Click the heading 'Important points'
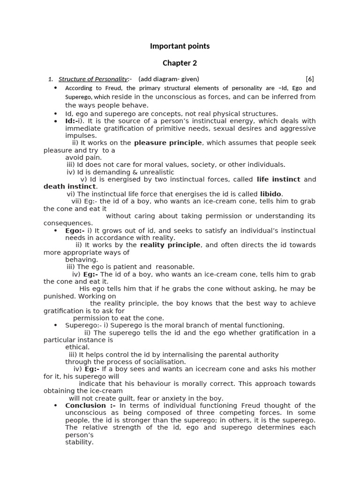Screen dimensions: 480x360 coord(180,46)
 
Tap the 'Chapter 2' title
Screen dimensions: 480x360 coord(180,63)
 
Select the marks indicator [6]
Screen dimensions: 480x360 coord(309,79)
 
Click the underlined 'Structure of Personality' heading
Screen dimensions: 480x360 coord(93,79)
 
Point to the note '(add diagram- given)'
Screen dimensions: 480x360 coord(169,79)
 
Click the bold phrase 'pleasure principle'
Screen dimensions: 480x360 coord(168,142)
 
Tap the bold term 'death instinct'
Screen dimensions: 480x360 coord(69,187)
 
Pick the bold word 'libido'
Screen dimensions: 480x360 coord(270,194)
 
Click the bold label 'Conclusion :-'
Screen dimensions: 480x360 coord(90,405)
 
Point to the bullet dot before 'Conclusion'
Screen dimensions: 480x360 coord(55,405)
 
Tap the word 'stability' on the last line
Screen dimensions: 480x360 coord(79,442)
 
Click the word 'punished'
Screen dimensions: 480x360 coord(60,296)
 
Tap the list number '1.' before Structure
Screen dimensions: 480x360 coord(51,79)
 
